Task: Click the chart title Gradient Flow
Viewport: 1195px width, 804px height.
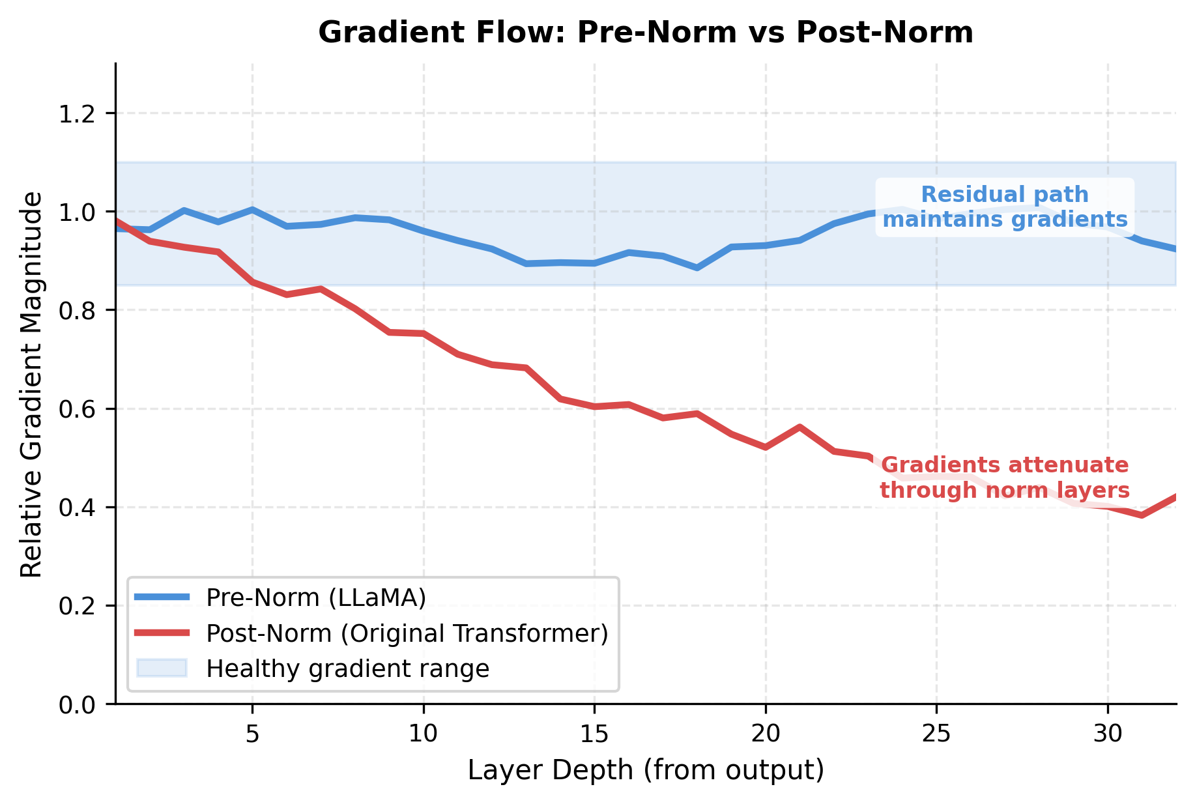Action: [645, 33]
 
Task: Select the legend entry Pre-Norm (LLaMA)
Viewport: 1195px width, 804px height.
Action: [315, 597]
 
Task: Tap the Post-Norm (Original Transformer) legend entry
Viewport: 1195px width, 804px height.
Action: [407, 633]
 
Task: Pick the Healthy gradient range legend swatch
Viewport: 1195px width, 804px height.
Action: [162, 668]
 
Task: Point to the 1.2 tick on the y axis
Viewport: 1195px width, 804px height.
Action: [78, 114]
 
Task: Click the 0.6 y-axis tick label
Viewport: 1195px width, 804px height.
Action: [78, 410]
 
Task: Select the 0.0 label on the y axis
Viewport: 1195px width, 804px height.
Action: [78, 705]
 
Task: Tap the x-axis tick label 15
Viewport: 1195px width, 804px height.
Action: [594, 734]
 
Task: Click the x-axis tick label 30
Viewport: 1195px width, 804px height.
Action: [1107, 734]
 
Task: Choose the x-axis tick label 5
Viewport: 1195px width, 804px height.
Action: [252, 734]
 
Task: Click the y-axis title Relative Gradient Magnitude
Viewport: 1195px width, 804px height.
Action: [31, 384]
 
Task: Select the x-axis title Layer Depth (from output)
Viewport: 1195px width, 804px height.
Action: [646, 770]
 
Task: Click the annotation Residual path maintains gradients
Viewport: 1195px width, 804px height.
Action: [1004, 207]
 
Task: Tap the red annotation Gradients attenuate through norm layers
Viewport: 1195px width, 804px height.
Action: [1004, 478]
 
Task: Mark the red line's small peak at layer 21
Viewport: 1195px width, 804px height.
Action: [799, 427]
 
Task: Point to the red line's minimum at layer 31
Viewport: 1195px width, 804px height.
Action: [1142, 515]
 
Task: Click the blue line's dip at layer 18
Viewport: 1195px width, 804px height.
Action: [697, 268]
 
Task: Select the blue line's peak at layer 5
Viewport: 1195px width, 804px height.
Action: [252, 210]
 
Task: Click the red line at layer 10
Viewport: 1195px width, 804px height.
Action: [424, 334]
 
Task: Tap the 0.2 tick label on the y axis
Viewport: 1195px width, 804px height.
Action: [78, 607]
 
